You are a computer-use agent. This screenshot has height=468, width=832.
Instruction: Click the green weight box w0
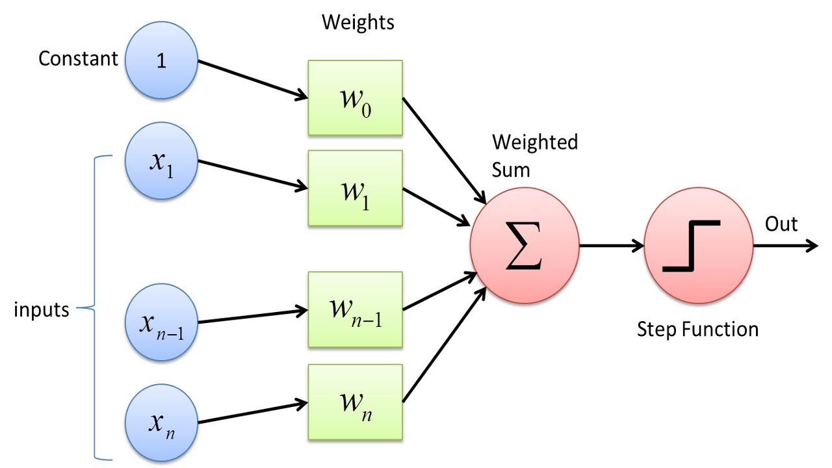356,97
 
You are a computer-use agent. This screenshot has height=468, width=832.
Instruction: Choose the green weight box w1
356,188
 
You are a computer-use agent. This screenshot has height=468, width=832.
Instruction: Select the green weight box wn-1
356,309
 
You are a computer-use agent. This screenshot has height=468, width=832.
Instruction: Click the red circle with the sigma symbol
524,247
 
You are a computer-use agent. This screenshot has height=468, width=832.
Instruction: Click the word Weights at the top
358,23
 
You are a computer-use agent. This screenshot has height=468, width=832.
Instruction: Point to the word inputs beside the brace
42,310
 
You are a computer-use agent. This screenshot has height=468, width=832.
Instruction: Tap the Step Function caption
697,330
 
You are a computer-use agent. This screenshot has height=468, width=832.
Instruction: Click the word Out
781,224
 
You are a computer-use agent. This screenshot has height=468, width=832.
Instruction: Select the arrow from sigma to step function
611,246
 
